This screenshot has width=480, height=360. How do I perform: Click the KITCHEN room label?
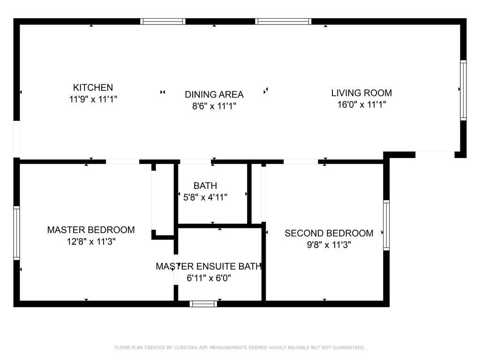coord(93,88)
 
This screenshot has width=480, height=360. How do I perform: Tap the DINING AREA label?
coord(214,94)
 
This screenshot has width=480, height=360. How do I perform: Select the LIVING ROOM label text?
coord(361,93)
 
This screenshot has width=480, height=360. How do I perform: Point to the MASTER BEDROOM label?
coord(91,230)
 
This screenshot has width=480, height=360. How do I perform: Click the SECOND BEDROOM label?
coord(329,233)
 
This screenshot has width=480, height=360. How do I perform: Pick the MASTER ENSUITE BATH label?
coord(209,266)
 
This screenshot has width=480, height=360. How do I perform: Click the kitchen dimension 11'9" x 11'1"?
coord(93,99)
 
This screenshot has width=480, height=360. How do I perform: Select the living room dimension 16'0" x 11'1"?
coord(361,105)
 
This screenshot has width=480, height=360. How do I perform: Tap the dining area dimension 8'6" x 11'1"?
coord(214,106)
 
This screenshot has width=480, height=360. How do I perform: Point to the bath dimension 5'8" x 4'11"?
coord(205,197)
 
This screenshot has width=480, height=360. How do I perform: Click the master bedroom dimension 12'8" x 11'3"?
coord(91,242)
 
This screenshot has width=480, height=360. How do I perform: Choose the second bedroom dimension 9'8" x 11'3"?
coord(329,245)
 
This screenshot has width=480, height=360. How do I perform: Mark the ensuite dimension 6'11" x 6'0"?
coord(209,278)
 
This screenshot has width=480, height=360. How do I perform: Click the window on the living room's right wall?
coord(464,90)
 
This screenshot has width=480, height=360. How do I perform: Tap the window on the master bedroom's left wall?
coord(16,233)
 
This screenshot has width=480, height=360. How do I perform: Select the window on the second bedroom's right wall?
coord(386,225)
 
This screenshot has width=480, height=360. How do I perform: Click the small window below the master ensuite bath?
coord(203,304)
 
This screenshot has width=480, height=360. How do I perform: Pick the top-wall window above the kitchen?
coord(163,22)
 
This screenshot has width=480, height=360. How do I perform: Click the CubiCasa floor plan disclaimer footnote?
coord(240,347)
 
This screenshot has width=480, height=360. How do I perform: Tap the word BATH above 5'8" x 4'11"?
coord(205,186)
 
